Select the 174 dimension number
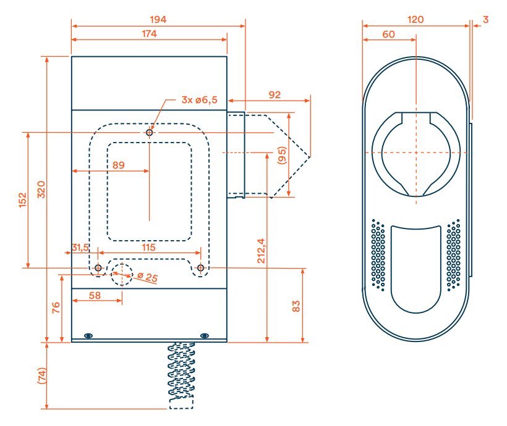[x=148, y=34]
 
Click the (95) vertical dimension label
[x=281, y=155]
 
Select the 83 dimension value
[x=296, y=306]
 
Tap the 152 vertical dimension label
[x=22, y=200]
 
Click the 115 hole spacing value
[x=149, y=246]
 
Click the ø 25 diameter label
[x=147, y=278]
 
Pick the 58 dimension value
[x=95, y=296]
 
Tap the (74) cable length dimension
[x=41, y=375]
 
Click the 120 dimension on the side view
[x=415, y=19]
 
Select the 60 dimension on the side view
[x=389, y=35]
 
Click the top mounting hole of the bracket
[x=150, y=132]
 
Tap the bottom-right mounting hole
[x=201, y=268]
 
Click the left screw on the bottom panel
[x=88, y=335]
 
